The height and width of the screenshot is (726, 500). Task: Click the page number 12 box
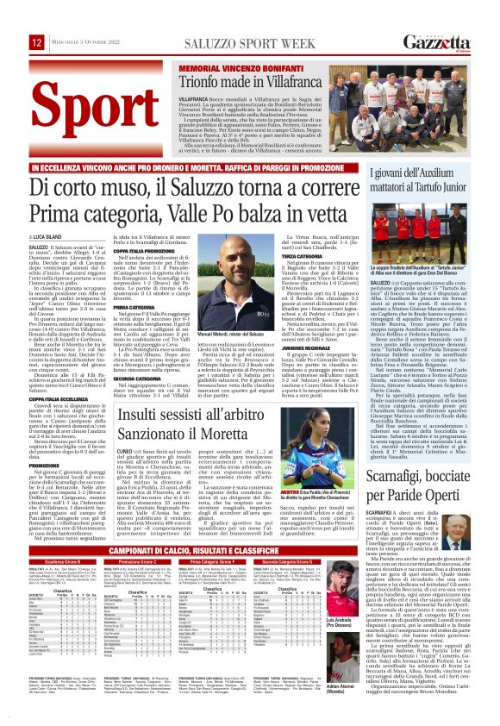tap(36, 42)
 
